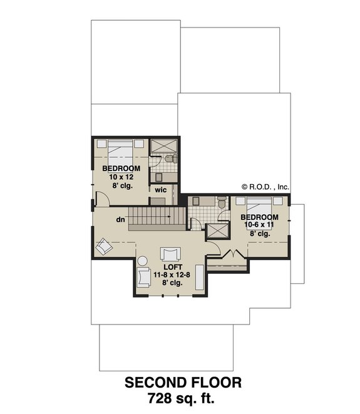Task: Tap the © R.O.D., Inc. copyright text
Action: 265,186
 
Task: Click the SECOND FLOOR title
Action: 183,382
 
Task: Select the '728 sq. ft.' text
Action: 183,397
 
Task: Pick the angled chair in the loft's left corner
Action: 104,247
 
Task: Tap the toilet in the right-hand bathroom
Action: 220,202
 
